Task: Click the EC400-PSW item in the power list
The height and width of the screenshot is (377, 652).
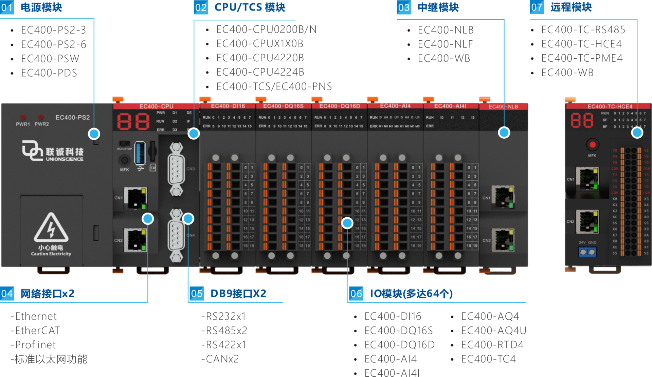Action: [x=50, y=59]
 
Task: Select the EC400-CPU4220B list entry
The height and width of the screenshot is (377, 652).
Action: [x=260, y=58]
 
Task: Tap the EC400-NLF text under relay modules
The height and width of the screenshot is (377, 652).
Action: [x=445, y=44]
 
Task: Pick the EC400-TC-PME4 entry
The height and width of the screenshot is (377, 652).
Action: [x=582, y=58]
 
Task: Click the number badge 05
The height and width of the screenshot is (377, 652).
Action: [x=197, y=294]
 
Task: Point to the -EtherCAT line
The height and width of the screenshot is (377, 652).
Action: [x=35, y=330]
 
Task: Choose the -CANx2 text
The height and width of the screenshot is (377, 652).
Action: [x=220, y=359]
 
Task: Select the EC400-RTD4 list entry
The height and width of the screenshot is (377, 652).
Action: [x=492, y=345]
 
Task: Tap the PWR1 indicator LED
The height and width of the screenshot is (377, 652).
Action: [x=23, y=117]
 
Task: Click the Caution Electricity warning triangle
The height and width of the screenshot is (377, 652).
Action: [x=51, y=228]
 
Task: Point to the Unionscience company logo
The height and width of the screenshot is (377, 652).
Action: [x=53, y=151]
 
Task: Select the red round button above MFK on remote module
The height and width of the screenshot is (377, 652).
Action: [x=593, y=145]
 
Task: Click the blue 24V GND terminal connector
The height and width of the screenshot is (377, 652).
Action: [x=587, y=252]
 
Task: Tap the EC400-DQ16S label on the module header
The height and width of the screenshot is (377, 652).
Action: [x=283, y=106]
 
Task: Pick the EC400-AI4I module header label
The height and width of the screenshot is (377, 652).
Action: [x=450, y=106]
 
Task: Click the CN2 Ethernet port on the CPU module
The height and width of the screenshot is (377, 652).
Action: [x=135, y=240]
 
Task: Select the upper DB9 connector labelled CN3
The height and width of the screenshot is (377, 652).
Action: [x=176, y=169]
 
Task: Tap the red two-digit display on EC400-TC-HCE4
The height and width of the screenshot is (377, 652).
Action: [x=582, y=121]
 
